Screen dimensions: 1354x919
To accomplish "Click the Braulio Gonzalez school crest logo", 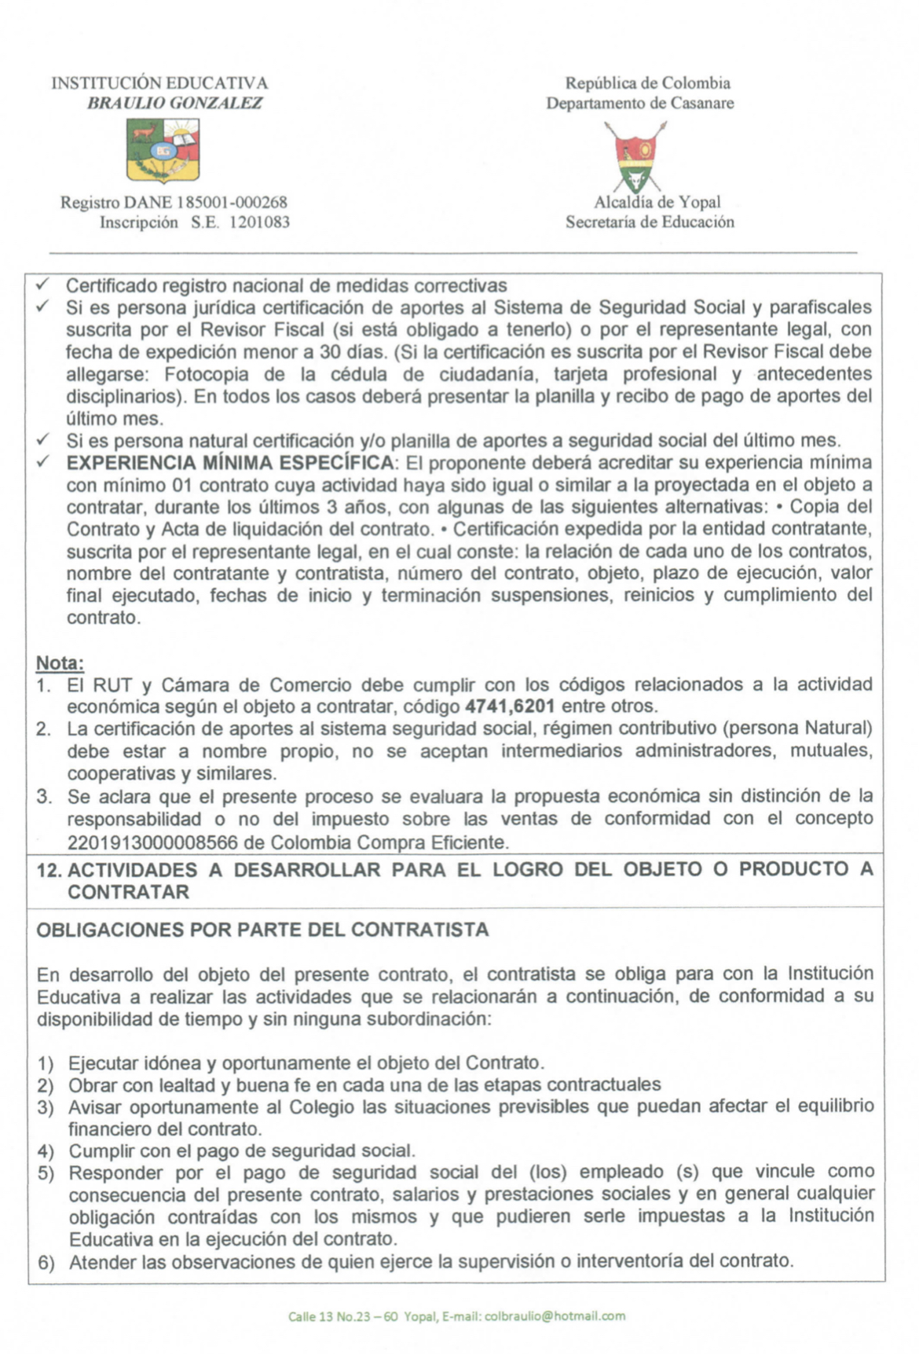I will point(163,149).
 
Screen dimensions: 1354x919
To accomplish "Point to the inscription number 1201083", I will point(259,222).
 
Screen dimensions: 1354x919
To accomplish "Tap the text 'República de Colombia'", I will point(648,83).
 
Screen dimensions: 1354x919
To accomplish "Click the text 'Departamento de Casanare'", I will point(640,103).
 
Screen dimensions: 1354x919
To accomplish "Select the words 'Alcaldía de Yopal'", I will point(657,202).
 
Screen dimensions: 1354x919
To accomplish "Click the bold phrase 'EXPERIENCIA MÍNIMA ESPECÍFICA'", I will point(229,462).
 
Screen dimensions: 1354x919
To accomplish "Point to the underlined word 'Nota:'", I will point(60,662).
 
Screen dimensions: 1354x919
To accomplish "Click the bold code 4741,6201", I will point(510,706).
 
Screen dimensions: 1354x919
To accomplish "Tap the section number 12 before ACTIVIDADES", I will point(49,870).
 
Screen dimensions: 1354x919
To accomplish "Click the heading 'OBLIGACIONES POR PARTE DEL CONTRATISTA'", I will point(262,930).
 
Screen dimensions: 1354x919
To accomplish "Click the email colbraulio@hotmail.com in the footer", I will point(555,1315).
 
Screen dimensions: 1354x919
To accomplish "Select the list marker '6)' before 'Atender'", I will point(46,1263).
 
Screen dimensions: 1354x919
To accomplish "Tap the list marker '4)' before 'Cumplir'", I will point(46,1152).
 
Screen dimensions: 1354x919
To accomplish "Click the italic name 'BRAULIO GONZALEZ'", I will point(174,103).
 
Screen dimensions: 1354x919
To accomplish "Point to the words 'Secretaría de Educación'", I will point(650,222).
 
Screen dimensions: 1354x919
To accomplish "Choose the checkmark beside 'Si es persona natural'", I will point(44,439).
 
